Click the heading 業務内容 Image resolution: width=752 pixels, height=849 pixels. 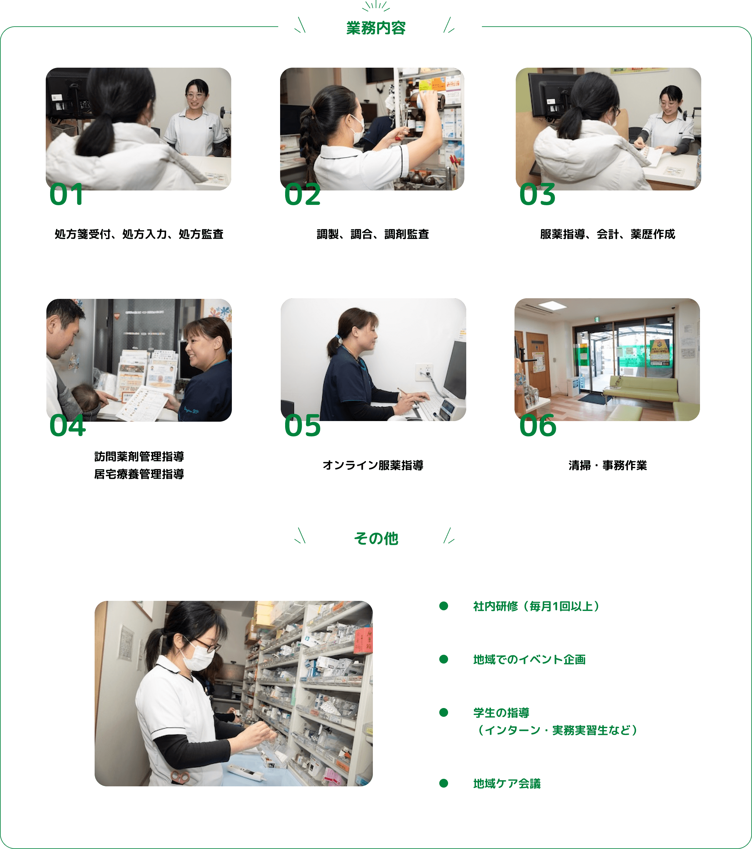pyautogui.click(x=376, y=28)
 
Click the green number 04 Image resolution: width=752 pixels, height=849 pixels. pyautogui.click(x=67, y=426)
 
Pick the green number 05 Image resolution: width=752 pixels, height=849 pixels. pyautogui.click(x=302, y=426)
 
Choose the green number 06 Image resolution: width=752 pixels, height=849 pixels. pyautogui.click(x=538, y=426)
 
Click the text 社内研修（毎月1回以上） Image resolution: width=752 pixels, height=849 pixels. pyautogui.click(x=536, y=607)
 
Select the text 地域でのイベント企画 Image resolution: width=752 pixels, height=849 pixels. pyautogui.click(x=529, y=659)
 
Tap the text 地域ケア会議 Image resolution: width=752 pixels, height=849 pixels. pyautogui.click(x=507, y=784)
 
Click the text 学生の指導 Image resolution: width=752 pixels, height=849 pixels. pyautogui.click(x=501, y=713)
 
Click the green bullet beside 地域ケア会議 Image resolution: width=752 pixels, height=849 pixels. pyautogui.click(x=444, y=784)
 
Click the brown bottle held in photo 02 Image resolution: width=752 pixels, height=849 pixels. pyautogui.click(x=428, y=100)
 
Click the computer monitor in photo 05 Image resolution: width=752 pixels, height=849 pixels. pyautogui.click(x=455, y=370)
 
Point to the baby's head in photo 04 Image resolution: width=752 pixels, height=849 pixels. pyautogui.click(x=85, y=397)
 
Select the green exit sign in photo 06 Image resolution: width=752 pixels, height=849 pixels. pyautogui.click(x=597, y=319)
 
